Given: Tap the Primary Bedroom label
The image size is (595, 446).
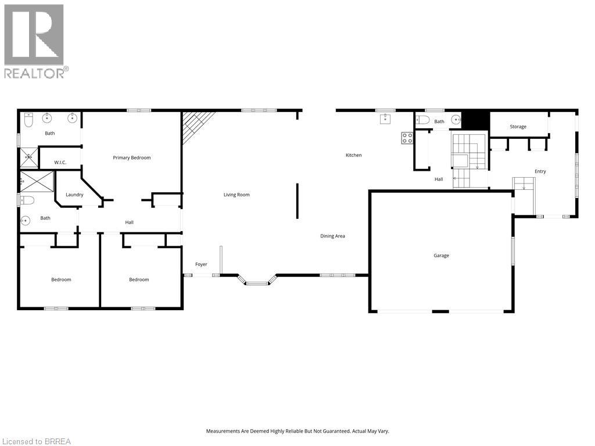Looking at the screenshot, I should (132, 157).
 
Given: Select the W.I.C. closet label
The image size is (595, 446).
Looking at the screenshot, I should (60, 163).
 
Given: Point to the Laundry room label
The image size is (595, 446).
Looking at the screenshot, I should (74, 195).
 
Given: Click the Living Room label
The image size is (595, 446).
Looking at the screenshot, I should (236, 195).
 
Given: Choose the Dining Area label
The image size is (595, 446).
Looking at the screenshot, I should (332, 236).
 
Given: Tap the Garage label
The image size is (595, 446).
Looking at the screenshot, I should (441, 256).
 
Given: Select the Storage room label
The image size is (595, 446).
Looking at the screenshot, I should (518, 127).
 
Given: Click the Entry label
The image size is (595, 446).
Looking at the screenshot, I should (540, 171).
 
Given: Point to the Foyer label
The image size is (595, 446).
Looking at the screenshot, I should (201, 264).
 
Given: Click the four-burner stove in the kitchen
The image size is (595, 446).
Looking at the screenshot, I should (407, 138).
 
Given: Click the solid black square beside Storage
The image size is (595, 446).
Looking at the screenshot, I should (478, 120).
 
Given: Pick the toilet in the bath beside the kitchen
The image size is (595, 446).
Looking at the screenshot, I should (424, 120).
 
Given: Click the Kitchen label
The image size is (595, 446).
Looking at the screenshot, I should (353, 155).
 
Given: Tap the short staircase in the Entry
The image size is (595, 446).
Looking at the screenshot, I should (524, 185).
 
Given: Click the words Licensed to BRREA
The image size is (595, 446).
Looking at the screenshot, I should (36, 441).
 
